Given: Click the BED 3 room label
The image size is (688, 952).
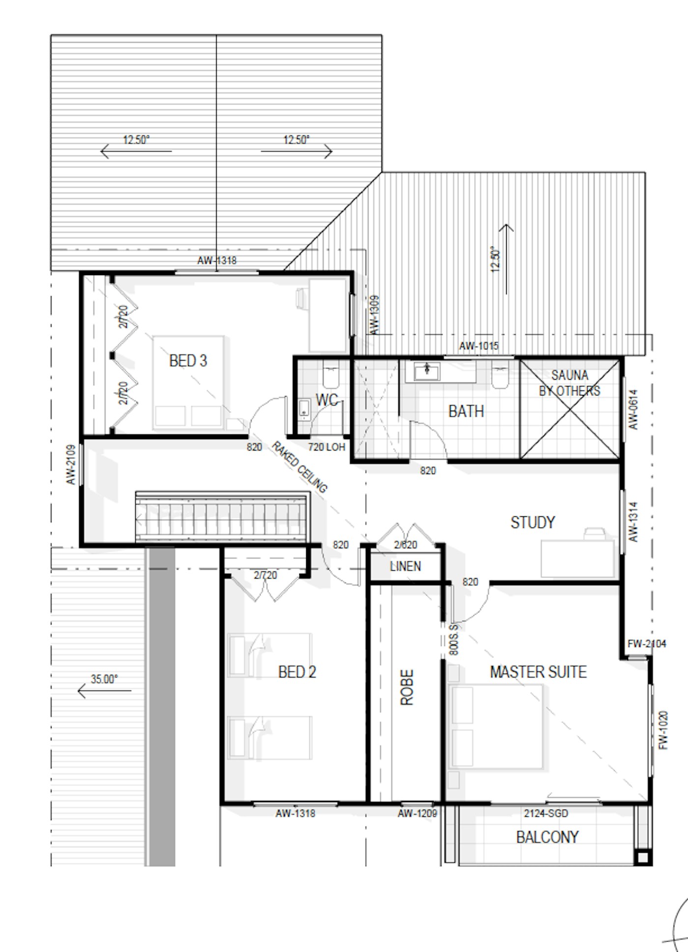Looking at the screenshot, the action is [x=188, y=361].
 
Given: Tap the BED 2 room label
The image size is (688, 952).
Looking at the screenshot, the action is [x=297, y=672].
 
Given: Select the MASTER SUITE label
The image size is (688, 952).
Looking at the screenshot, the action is [x=538, y=672].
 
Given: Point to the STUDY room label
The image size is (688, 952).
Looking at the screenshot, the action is [x=533, y=522].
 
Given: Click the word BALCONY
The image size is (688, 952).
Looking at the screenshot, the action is [x=547, y=837].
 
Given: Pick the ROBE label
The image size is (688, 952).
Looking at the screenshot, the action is [x=407, y=687].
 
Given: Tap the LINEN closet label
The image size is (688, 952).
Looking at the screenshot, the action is [x=405, y=566].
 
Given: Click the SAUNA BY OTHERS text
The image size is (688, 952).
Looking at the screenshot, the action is [x=570, y=383].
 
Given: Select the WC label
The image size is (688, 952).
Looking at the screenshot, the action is [x=327, y=400].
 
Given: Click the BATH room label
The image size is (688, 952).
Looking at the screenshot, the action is [x=466, y=411].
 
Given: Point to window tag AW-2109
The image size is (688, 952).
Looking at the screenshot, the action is [x=71, y=465].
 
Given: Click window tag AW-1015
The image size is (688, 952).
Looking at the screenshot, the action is [x=479, y=346].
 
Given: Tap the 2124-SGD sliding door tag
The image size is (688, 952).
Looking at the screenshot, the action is [x=545, y=813].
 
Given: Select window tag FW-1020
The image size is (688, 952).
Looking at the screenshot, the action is [x=663, y=730].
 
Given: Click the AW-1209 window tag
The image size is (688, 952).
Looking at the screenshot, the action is [x=417, y=813].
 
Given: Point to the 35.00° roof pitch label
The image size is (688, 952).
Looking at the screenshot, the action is [x=104, y=679].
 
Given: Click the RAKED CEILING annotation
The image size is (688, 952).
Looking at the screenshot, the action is [x=299, y=468].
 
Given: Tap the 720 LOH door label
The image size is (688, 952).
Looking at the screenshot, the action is [x=327, y=447].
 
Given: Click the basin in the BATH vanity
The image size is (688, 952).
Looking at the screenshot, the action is [x=426, y=372].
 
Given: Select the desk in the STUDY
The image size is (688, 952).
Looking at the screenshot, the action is [x=577, y=559].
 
